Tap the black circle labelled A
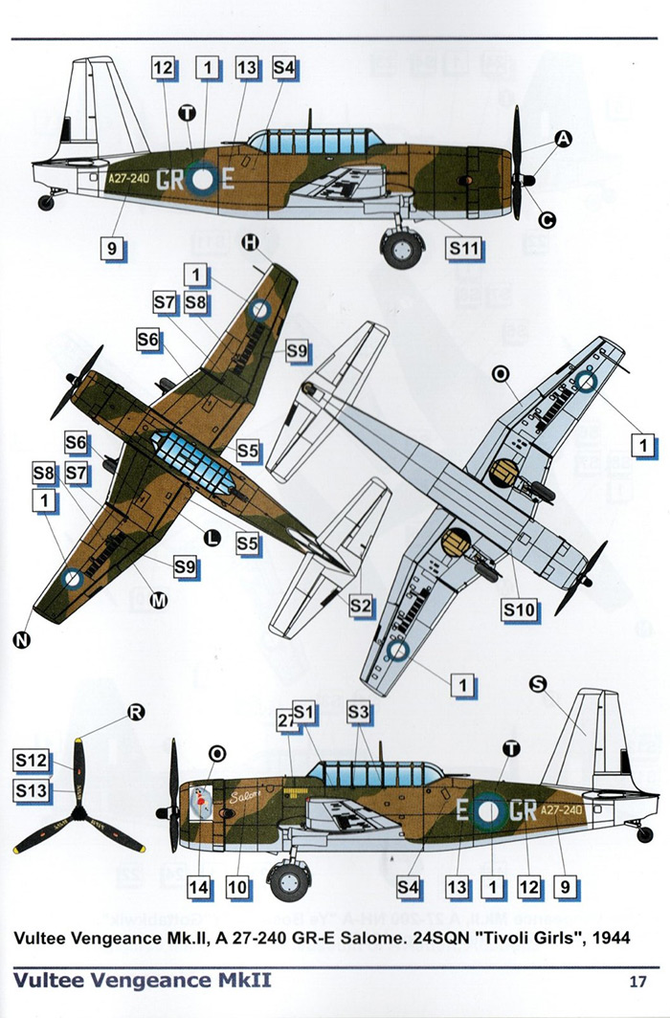[564, 140]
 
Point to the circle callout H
[251, 244]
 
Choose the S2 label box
[359, 605]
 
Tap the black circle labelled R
[137, 712]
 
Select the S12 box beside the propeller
[32, 761]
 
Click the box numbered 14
[198, 887]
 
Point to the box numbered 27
[286, 720]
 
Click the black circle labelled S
[537, 683]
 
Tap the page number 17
[638, 982]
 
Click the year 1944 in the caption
[609, 937]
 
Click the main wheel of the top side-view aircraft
[401, 246]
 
